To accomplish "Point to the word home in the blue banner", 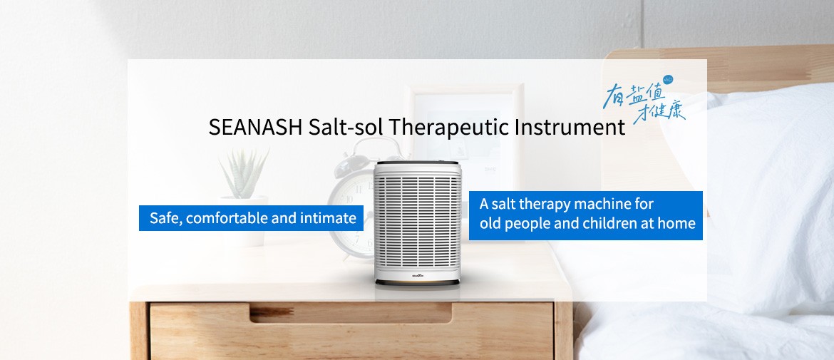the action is coord(676,223).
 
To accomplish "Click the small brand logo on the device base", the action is coord(418,276).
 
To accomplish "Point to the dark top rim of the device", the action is coord(417,163).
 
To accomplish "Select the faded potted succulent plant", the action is coord(244,197).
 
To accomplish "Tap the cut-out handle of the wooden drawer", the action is coord(351,313).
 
